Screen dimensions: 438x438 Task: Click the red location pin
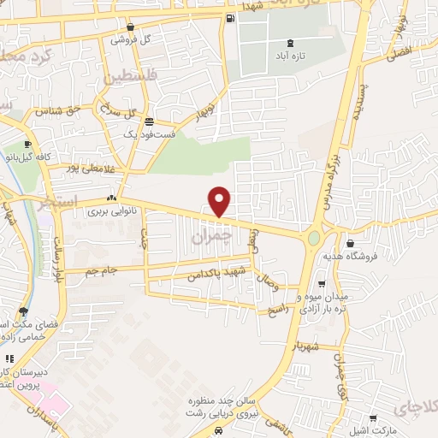[220, 201]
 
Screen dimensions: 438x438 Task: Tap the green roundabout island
[314, 237]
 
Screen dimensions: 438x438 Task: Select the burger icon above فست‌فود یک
[150, 121]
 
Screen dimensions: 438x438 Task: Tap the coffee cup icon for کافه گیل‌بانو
[28, 144]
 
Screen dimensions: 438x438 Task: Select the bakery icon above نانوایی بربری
[112, 198]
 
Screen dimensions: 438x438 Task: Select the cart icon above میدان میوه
[322, 284]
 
